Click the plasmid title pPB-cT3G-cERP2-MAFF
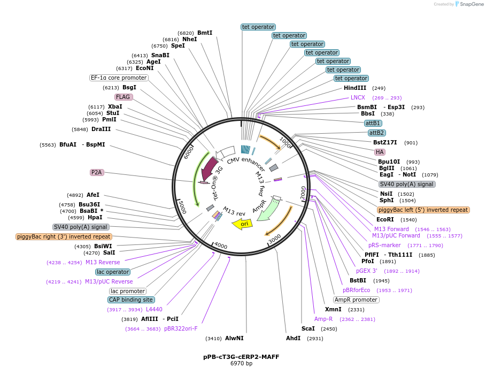click(241, 357)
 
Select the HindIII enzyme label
click(355, 88)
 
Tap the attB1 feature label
click(373, 123)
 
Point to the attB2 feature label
click(376, 133)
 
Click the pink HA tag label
click(380, 152)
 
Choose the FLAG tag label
click(124, 97)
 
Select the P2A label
click(97, 172)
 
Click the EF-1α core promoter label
click(119, 78)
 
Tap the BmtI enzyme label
click(205, 33)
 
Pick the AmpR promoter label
click(356, 300)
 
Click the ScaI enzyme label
click(308, 328)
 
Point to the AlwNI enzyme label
click(234, 338)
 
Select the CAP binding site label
click(132, 300)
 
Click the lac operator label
click(113, 272)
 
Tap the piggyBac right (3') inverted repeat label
click(64, 236)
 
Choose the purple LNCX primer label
click(358, 97)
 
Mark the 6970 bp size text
click(241, 364)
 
